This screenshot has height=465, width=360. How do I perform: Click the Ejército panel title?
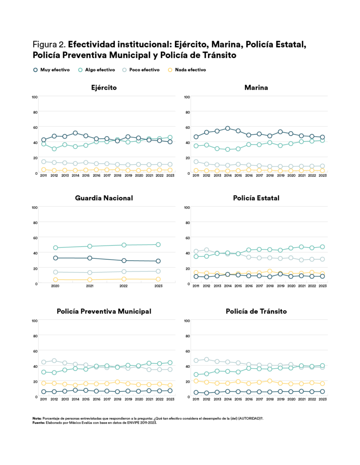[x=104, y=87]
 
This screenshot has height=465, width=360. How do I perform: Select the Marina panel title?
[x=256, y=87]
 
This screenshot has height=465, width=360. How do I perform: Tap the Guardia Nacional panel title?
[x=104, y=198]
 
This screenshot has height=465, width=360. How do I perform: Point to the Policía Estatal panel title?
[x=256, y=198]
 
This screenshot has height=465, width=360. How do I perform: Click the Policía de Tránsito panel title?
[x=256, y=311]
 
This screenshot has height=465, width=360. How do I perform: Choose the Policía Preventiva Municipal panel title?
[x=104, y=311]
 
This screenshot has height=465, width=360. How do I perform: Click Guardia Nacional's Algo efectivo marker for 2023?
[x=158, y=244]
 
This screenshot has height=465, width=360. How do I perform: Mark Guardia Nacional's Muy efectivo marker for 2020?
[x=55, y=258]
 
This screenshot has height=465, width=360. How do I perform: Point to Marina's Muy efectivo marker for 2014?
[x=228, y=129]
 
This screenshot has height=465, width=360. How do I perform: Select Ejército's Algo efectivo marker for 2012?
[x=54, y=149]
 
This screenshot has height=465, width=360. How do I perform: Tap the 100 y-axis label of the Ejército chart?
[x=35, y=97]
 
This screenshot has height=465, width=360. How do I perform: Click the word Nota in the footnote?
[x=36, y=418]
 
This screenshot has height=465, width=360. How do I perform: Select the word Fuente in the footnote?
[x=38, y=423]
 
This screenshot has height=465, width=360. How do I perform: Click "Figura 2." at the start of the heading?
[x=49, y=45]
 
